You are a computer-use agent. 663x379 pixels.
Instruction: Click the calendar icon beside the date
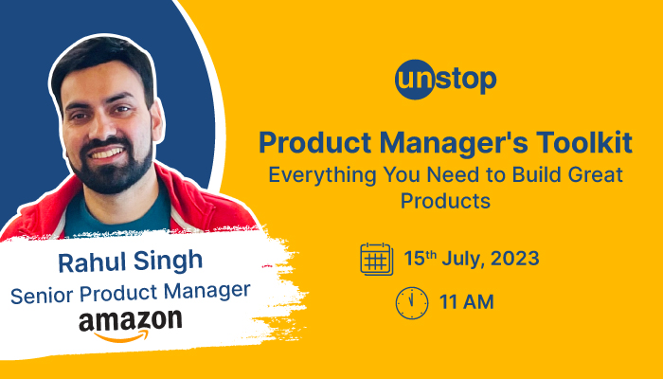tap(376, 259)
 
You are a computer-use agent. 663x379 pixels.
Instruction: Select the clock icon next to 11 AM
tap(412, 303)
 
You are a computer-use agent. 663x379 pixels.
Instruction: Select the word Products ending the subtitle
tap(445, 201)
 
